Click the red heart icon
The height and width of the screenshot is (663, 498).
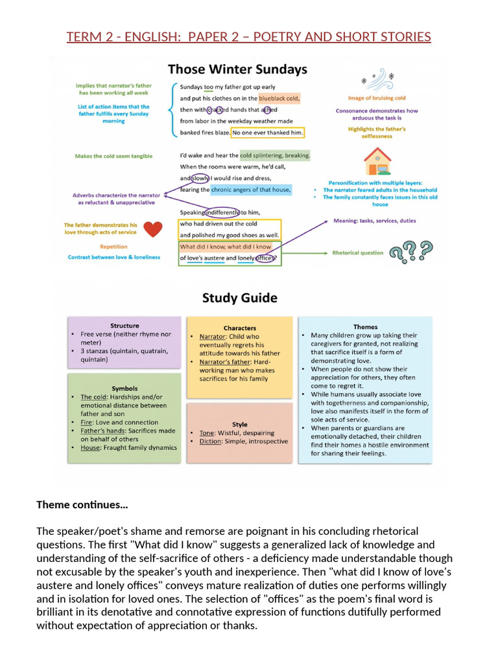(x=153, y=229)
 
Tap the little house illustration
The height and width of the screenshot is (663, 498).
(x=377, y=161)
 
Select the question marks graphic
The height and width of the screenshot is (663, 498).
(x=410, y=252)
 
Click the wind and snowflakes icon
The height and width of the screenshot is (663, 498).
(x=378, y=79)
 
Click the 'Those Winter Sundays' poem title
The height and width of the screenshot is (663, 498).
(x=237, y=69)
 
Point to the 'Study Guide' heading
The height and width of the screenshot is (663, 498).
(x=240, y=298)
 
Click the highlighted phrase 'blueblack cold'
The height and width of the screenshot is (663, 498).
(x=279, y=98)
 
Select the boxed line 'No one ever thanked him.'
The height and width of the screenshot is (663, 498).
(x=268, y=133)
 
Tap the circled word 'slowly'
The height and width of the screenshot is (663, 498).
(x=200, y=179)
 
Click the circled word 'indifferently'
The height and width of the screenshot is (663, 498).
(x=222, y=212)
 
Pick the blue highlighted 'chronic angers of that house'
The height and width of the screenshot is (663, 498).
(x=251, y=190)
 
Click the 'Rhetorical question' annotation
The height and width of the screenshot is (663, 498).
(x=357, y=253)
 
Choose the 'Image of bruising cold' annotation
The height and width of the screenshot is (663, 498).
(x=377, y=98)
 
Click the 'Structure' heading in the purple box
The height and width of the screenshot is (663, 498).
(x=124, y=326)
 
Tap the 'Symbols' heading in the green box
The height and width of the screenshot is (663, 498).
(x=124, y=388)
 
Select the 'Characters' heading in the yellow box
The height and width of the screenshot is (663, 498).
(x=240, y=328)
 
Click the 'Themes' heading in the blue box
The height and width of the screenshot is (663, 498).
(x=366, y=327)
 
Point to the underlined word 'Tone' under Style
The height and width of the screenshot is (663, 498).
(x=207, y=433)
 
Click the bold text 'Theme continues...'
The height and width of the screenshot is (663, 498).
(x=82, y=505)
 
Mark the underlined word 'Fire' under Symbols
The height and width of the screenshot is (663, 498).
(x=86, y=422)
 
